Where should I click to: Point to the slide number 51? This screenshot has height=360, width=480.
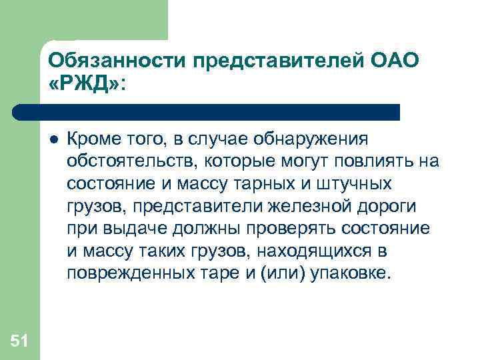(19, 342)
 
